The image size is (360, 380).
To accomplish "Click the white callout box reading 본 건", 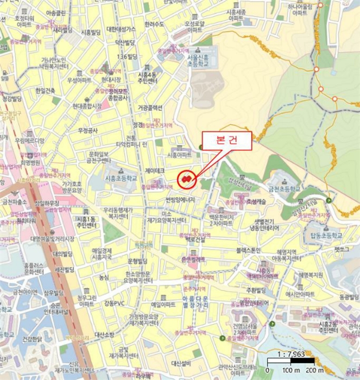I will click(x=226, y=141).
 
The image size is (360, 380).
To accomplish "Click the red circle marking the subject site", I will click(x=187, y=178).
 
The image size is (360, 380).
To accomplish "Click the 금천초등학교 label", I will click(x=283, y=189).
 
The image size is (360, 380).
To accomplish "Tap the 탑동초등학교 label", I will click(x=323, y=236).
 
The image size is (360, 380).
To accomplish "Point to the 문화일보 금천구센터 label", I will click(x=99, y=157).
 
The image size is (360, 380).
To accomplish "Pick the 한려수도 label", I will click(x=154, y=24).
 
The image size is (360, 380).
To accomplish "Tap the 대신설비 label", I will click(x=181, y=363).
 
